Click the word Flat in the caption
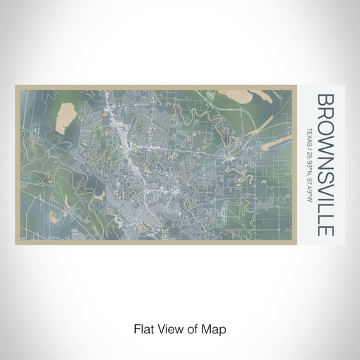(142, 328)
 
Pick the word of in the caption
(195, 328)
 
